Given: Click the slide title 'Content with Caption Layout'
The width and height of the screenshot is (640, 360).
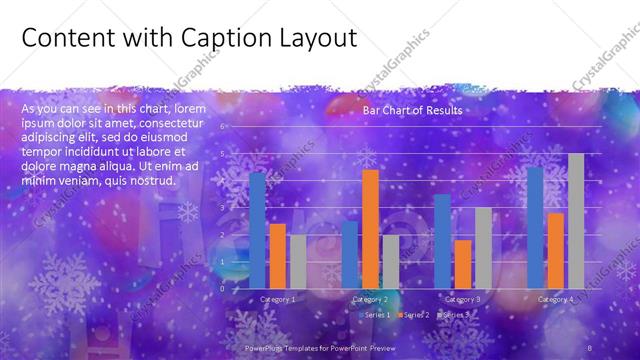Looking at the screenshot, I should coord(188,38).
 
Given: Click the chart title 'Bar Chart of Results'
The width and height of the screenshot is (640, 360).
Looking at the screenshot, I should coord(412,111).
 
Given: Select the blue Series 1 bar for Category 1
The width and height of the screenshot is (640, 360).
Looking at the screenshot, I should coord(258,231).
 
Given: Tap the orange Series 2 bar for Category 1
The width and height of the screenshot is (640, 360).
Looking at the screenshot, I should coord(277,256).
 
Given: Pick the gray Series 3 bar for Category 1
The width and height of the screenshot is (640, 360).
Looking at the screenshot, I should coord(297,262).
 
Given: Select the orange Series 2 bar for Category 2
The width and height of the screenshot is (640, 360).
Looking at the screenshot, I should coord(370,229).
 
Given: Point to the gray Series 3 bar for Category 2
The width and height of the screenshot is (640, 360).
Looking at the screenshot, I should coord(390,262).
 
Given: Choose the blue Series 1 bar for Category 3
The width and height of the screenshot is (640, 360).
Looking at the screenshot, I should coord(442,242).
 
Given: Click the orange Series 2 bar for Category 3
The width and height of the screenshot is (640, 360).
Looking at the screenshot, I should coord(462,264).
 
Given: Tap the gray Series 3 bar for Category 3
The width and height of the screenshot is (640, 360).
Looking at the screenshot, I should coord(482,248).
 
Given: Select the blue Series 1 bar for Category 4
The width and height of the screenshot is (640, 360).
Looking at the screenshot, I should coord(535,228).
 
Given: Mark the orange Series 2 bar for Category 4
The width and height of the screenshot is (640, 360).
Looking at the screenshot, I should coord(555,251).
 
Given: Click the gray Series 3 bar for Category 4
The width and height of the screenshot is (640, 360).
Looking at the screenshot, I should coord(575,221).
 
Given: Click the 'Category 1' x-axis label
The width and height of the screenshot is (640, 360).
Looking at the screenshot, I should coord(277,299).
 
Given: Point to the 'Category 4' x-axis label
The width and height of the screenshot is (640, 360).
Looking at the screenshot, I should coord(555,299).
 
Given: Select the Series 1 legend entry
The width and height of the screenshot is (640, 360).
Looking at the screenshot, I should coord(377,315).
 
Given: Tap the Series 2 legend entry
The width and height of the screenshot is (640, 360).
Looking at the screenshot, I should coord(413,315).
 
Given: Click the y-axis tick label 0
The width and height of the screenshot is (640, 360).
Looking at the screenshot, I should coord(223,289).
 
